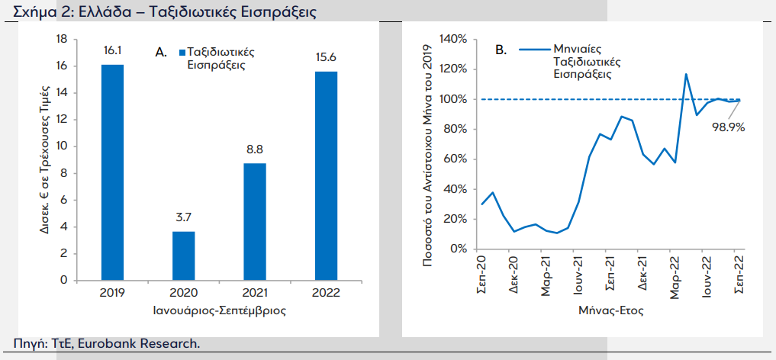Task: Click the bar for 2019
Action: coord(112,172)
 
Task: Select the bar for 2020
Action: coord(184,256)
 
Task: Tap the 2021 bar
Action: coord(255,222)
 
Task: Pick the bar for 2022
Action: coord(326,176)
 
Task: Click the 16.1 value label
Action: coord(112,51)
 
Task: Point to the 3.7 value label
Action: coord(184,217)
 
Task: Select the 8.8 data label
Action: coord(255,149)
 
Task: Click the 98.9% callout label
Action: coord(729,127)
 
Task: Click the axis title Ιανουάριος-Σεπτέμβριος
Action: coord(219,311)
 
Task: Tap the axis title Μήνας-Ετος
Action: coord(611,311)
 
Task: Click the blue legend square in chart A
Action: coord(182,53)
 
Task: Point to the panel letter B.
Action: coord(501,50)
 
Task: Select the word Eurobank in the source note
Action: coord(113,344)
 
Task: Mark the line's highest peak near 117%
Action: coord(686,74)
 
